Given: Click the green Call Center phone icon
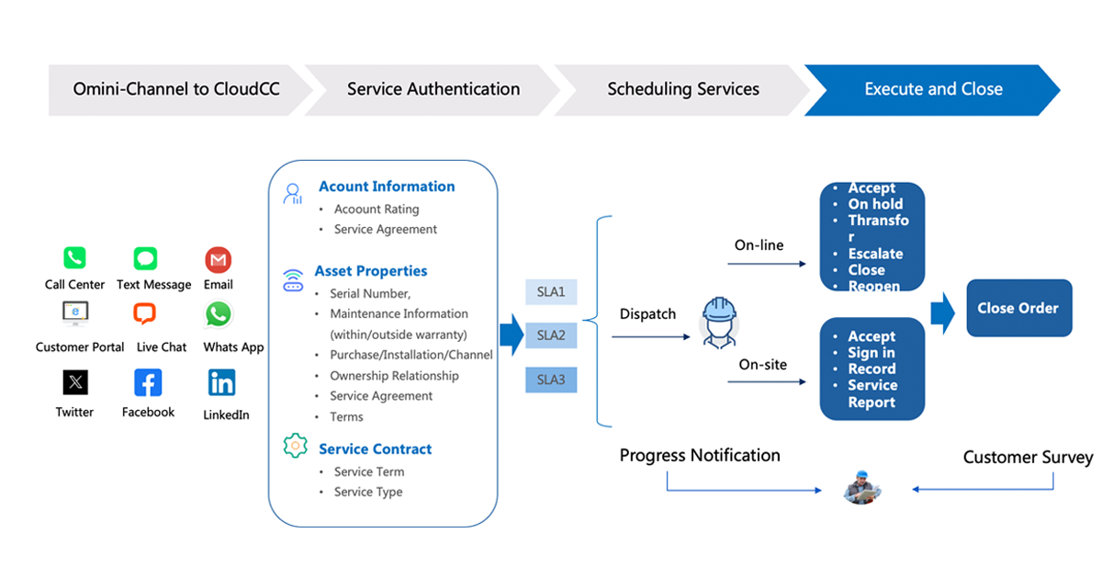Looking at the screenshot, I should click(x=74, y=258).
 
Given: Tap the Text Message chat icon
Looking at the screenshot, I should click(x=145, y=258).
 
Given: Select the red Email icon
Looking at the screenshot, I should click(x=218, y=260).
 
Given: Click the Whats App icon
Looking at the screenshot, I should click(x=218, y=315).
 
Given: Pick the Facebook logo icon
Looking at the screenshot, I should click(x=148, y=382).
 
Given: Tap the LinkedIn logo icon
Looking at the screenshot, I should click(x=221, y=382).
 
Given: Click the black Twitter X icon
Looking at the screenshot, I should click(x=75, y=381).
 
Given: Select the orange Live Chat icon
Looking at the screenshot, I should click(x=145, y=314).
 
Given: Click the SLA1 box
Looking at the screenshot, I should click(x=551, y=293).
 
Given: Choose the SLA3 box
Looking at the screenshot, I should click(x=551, y=380).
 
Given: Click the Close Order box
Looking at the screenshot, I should click(x=1018, y=308).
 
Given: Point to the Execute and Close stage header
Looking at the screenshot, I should click(x=933, y=89).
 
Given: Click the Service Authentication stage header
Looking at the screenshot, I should click(x=433, y=89).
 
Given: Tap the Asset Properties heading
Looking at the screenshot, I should click(x=371, y=271).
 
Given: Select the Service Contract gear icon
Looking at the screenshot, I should click(x=295, y=447).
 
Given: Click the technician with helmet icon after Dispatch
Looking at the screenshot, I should click(x=717, y=322).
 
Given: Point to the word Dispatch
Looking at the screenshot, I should click(x=647, y=314).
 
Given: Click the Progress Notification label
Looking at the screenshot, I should click(x=700, y=455).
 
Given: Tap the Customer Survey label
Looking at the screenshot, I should click(x=1028, y=457).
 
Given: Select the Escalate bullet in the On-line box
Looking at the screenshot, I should click(x=875, y=254).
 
